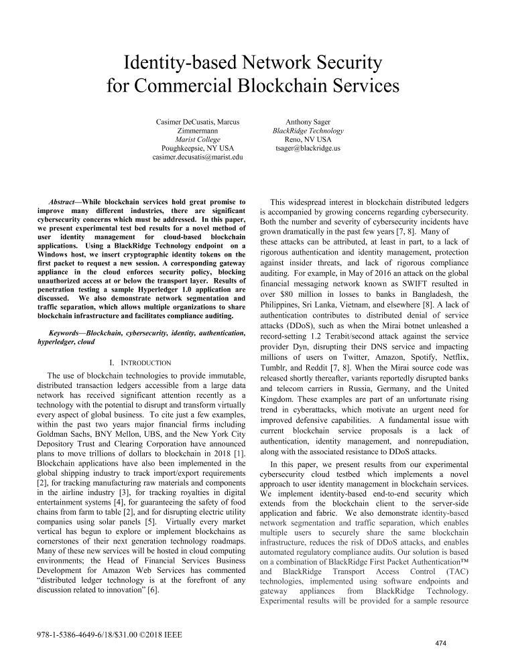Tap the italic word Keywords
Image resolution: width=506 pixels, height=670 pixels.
tap(67, 333)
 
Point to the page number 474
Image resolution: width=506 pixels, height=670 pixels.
tap(440, 644)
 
